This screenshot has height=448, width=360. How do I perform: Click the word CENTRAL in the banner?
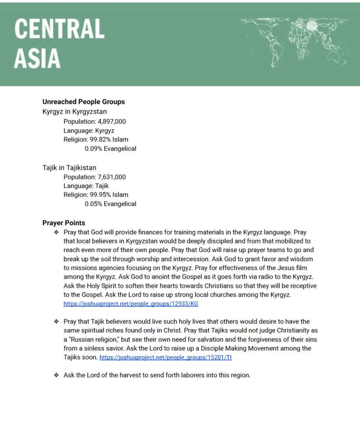click(60, 29)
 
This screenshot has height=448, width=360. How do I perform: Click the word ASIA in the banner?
click(37, 59)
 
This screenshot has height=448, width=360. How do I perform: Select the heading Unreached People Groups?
click(84, 102)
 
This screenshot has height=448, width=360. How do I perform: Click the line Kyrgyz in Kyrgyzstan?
click(74, 112)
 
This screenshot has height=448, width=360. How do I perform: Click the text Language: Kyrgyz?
click(89, 130)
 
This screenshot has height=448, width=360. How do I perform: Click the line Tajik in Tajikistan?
click(69, 168)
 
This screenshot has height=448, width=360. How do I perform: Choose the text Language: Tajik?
click(86, 186)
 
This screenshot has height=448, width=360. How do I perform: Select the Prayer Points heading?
click(64, 223)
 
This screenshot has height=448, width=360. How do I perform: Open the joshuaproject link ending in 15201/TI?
click(166, 357)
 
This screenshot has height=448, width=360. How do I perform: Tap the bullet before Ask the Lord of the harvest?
click(56, 375)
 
